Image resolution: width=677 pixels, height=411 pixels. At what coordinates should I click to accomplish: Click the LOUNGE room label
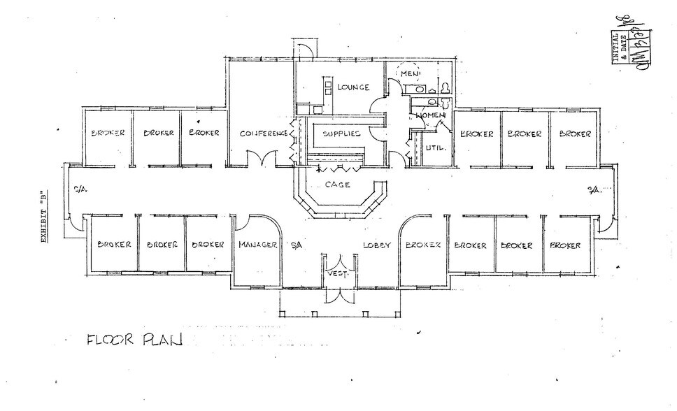click(353, 88)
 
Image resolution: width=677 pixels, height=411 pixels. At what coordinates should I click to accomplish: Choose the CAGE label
click(338, 185)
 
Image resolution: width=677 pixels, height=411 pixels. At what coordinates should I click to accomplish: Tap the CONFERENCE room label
click(264, 134)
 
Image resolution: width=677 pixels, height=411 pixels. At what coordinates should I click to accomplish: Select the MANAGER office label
click(258, 245)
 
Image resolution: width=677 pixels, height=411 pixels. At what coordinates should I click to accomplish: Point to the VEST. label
click(338, 275)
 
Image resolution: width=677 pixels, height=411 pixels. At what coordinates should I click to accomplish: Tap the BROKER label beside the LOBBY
click(422, 245)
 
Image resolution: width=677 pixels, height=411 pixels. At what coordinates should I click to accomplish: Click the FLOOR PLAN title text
click(134, 341)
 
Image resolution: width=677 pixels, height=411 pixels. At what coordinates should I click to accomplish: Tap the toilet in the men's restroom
click(444, 87)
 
